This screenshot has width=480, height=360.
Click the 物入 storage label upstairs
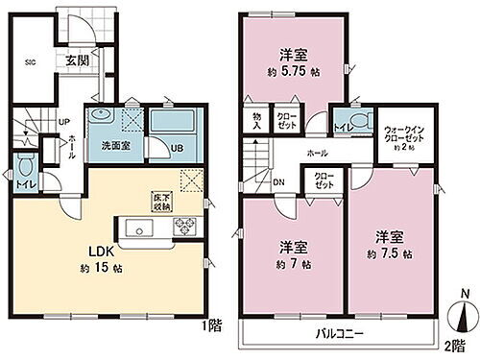(257, 120)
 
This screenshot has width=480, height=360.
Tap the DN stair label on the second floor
(278, 184)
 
